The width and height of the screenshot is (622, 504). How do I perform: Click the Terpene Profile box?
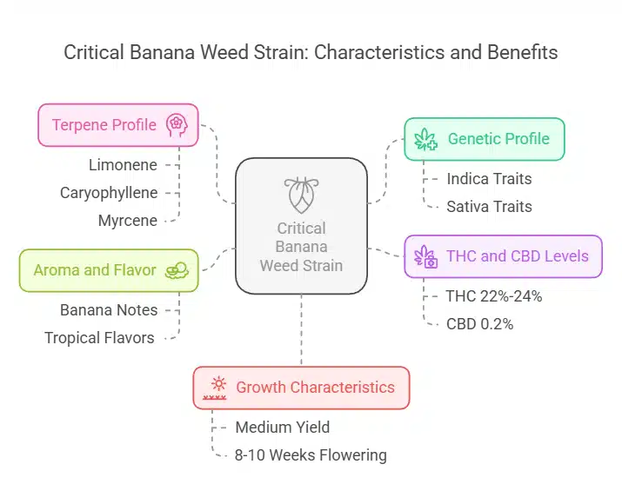pyautogui.click(x=118, y=124)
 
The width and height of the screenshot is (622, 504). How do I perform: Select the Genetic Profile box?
pyautogui.click(x=485, y=139)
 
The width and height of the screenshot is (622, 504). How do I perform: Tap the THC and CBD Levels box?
pyautogui.click(x=503, y=256)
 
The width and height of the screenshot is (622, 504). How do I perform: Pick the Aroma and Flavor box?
pyautogui.click(x=109, y=270)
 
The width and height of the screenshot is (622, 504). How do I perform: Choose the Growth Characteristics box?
pyautogui.click(x=301, y=388)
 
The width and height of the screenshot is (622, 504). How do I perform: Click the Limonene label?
pyautogui.click(x=123, y=164)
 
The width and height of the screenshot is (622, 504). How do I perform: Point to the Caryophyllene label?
pyautogui.click(x=108, y=192)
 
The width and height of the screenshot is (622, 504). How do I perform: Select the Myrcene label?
pyautogui.click(x=128, y=221)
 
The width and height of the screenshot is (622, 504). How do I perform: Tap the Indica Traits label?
pyautogui.click(x=489, y=179)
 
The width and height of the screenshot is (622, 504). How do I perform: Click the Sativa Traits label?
pyautogui.click(x=489, y=207)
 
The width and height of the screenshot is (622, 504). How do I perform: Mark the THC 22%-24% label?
pyautogui.click(x=493, y=296)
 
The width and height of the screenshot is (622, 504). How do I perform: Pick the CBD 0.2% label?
pyautogui.click(x=479, y=324)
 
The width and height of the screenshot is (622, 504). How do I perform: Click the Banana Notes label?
pyautogui.click(x=109, y=309)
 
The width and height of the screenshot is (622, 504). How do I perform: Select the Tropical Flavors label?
pyautogui.click(x=99, y=338)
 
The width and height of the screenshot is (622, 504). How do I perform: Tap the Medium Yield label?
pyautogui.click(x=283, y=427)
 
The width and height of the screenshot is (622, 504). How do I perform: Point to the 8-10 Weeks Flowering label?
pyautogui.click(x=311, y=455)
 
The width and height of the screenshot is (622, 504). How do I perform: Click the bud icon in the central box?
pyautogui.click(x=301, y=196)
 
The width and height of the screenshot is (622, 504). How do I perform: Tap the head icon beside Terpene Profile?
pyautogui.click(x=176, y=124)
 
